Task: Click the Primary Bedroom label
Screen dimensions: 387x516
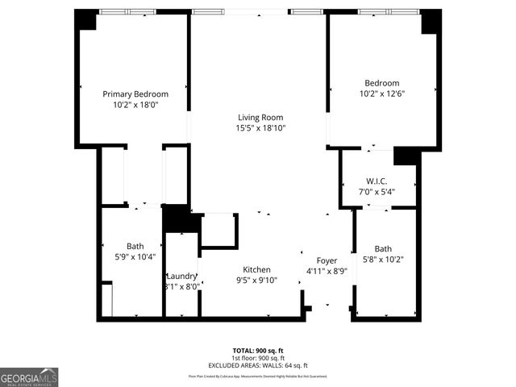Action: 135,94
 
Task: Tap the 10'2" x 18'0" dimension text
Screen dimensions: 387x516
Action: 135,105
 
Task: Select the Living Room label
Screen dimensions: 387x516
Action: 260,117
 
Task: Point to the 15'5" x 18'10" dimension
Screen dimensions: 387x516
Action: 260,127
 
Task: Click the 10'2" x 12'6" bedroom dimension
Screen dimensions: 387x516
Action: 381,94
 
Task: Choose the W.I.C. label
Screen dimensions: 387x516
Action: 377,181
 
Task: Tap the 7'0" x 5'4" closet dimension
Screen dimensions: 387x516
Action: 377,191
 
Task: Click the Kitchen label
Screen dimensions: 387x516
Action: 257,269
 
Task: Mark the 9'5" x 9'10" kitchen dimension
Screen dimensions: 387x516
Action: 257,280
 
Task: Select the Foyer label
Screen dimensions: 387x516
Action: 327,260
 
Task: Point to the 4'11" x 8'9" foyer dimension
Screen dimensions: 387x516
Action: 327,271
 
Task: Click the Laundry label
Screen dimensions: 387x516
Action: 181,276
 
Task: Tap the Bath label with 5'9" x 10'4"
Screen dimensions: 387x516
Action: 135,246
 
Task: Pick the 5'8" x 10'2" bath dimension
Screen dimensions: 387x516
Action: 383,260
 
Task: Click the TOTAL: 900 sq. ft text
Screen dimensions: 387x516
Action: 257,351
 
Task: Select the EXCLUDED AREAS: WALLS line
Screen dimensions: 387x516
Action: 257,364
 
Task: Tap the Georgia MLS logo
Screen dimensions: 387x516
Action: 29,377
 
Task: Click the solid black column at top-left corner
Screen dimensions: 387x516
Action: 85,19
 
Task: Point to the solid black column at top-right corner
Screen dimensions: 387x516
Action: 431,21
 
